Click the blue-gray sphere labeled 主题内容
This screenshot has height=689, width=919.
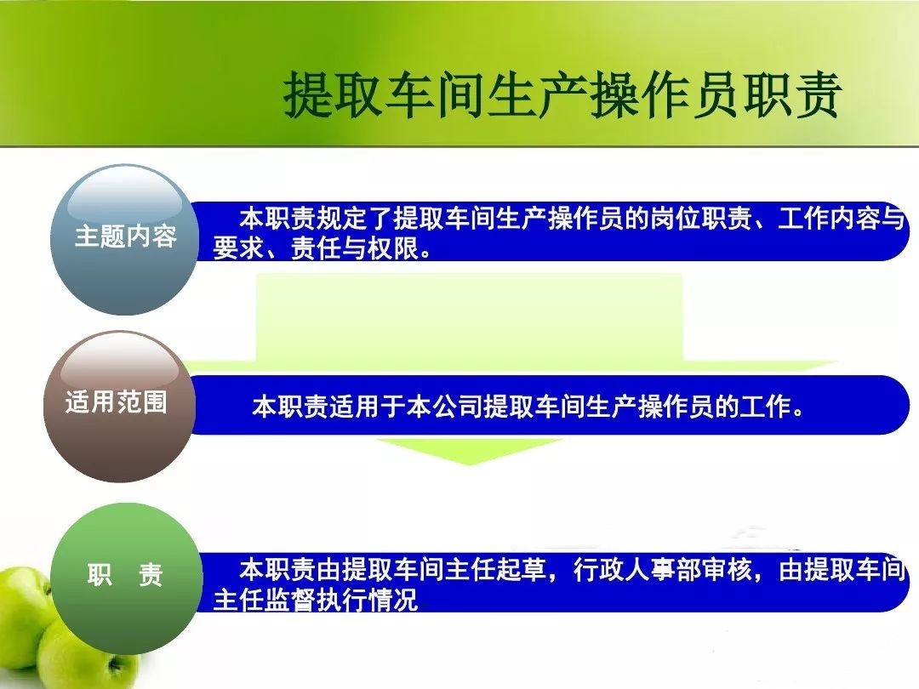coord(124,240)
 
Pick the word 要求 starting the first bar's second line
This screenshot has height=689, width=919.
coord(238,248)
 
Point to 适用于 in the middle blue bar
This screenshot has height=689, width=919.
coord(368,407)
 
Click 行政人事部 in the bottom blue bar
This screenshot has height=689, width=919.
coord(637,569)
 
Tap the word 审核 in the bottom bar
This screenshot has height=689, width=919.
coord(728,569)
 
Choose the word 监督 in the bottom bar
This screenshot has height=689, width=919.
coord(290,600)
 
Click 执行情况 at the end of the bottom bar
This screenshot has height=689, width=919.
coord(368,600)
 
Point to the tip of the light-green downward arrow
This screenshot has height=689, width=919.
coord(469,464)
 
